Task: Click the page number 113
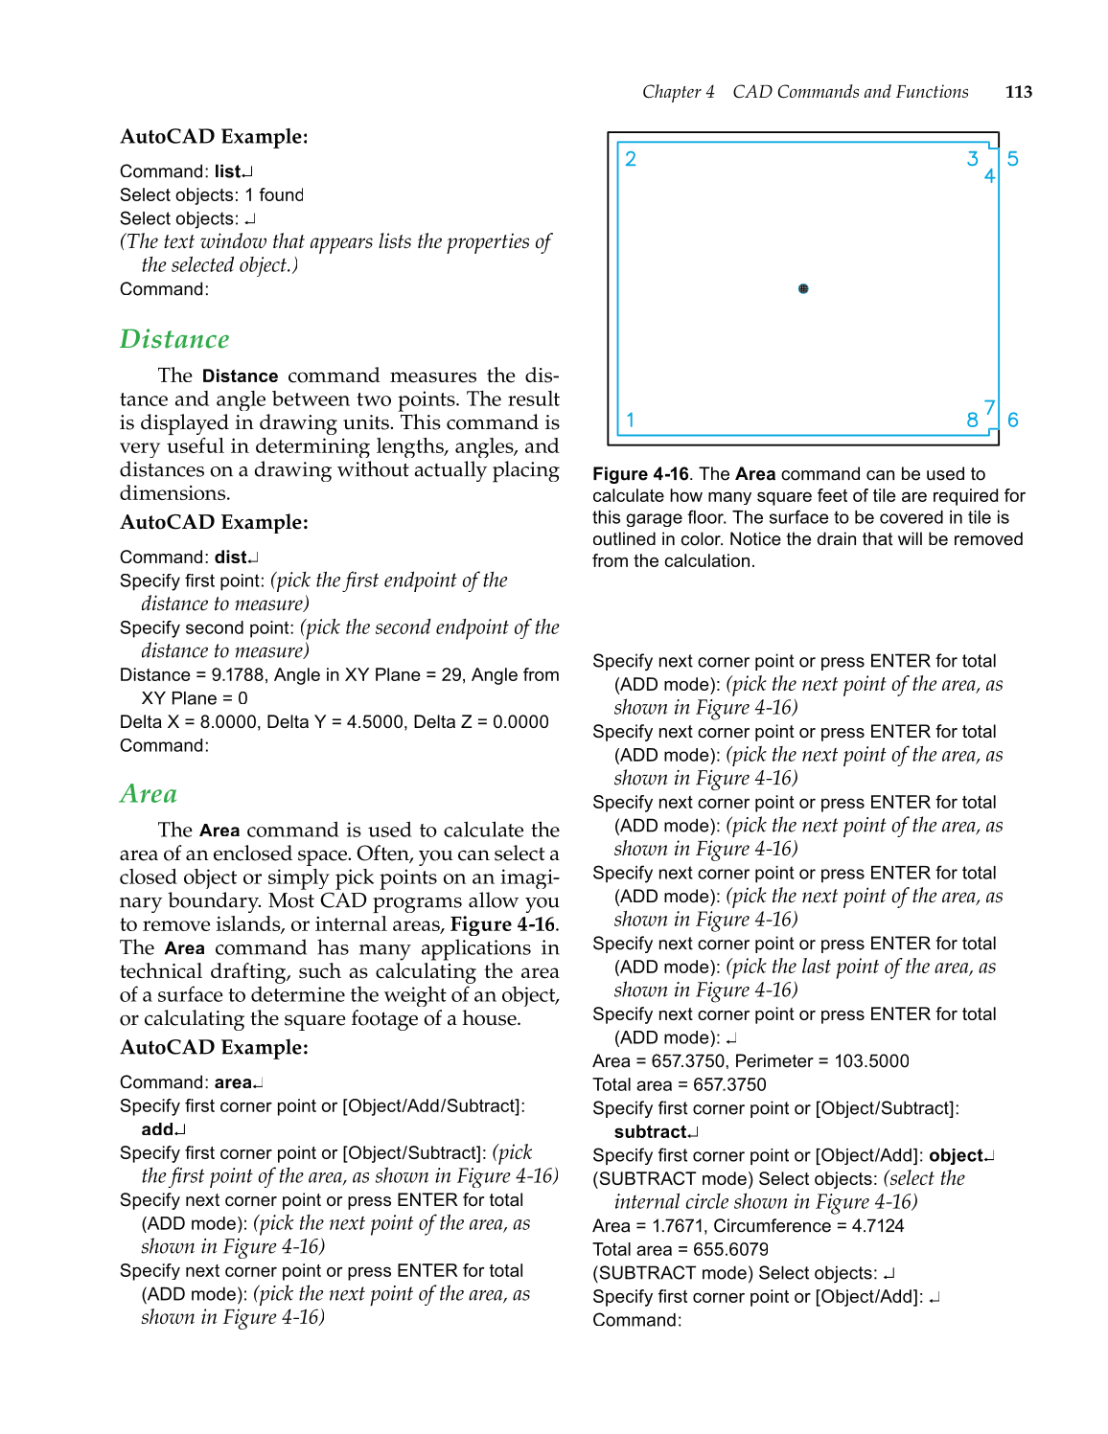point(1018,92)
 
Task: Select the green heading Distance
point(174,340)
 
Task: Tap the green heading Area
point(149,794)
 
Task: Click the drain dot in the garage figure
point(803,288)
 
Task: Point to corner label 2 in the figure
point(631,159)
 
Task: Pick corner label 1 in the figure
point(631,420)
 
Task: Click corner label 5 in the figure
point(1012,159)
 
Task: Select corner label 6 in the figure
point(1012,420)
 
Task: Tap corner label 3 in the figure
point(972,159)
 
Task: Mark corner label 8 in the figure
point(972,420)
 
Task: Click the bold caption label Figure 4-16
point(640,474)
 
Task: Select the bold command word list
point(227,171)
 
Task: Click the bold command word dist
point(231,558)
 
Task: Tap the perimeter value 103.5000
point(871,1061)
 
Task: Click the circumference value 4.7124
point(877,1226)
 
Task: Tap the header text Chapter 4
point(678,92)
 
